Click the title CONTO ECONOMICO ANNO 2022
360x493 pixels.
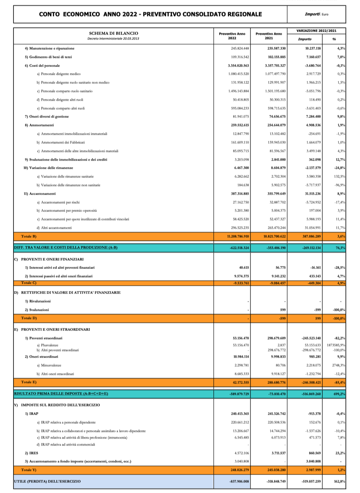[150, 14]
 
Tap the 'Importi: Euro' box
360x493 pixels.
[317, 14]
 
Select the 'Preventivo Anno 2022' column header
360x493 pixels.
[232, 36]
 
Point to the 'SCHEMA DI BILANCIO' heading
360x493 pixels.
[114, 33]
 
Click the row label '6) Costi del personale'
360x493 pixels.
[42, 66]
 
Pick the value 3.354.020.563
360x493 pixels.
[238, 66]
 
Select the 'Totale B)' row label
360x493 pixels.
[29, 236]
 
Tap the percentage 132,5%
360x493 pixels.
[339, 177]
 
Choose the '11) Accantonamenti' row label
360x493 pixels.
[39, 194]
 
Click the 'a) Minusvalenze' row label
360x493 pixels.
[49, 365]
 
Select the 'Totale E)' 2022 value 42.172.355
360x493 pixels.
[239, 382]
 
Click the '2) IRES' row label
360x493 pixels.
[32, 453]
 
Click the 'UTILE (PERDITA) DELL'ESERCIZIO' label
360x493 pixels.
[47, 481]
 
